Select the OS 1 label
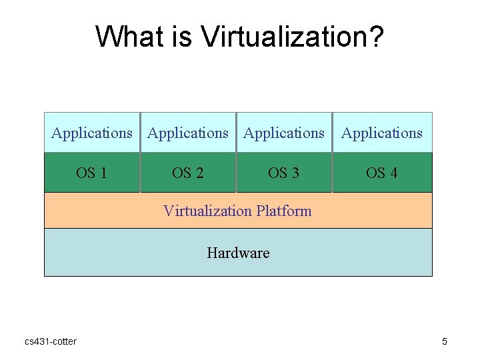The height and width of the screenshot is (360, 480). (x=91, y=173)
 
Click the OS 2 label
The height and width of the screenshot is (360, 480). (x=187, y=173)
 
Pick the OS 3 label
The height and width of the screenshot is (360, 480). (x=283, y=173)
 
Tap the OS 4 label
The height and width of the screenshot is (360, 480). (x=381, y=173)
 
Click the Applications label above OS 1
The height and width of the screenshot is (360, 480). (x=92, y=133)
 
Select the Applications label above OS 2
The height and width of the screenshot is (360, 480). (x=188, y=133)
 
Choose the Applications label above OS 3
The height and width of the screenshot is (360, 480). (x=284, y=133)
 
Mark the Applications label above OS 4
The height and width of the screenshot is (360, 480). (x=382, y=133)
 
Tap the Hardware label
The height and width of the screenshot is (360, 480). (x=238, y=253)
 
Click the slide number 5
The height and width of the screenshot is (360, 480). (x=445, y=342)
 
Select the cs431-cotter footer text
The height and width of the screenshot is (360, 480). (x=51, y=342)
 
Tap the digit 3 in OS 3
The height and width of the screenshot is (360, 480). (x=295, y=173)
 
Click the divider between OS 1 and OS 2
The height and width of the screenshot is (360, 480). (x=140, y=173)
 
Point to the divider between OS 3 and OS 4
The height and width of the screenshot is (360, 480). (x=332, y=173)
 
